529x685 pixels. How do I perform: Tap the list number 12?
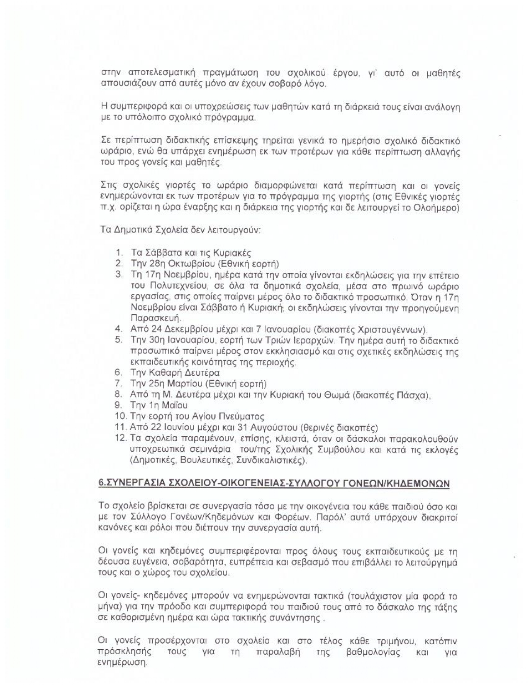coord(121,438)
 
